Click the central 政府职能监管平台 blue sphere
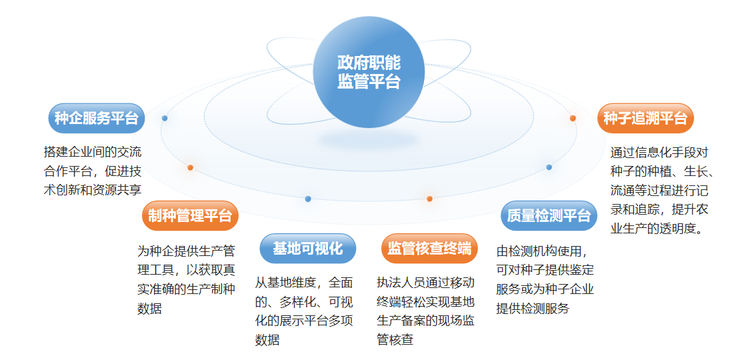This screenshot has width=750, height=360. tap(369, 73)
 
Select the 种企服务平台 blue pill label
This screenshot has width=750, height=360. tap(97, 119)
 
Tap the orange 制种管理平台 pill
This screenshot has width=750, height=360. tap(190, 215)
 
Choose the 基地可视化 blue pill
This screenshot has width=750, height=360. tap(307, 248)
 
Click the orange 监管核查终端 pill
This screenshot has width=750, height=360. tap(429, 248)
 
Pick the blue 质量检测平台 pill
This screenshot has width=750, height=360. tap(549, 215)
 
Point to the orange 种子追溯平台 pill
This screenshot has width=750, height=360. tap(645, 119)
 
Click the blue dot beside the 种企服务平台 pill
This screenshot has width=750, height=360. tap(165, 118)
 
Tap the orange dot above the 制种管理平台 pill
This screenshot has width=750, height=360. tap(191, 167)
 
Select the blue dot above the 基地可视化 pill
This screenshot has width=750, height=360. tap(308, 199)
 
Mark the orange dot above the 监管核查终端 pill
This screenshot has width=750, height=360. tap(430, 199)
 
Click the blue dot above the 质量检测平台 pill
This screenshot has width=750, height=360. tap(549, 167)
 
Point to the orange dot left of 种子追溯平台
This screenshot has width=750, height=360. tap(573, 118)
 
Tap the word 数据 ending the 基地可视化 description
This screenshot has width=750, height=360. tap(267, 339)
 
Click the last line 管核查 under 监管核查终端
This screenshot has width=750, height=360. tap(395, 339)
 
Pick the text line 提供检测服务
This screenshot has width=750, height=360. tap(533, 308)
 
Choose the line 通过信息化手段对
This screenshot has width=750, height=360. tap(659, 151)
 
